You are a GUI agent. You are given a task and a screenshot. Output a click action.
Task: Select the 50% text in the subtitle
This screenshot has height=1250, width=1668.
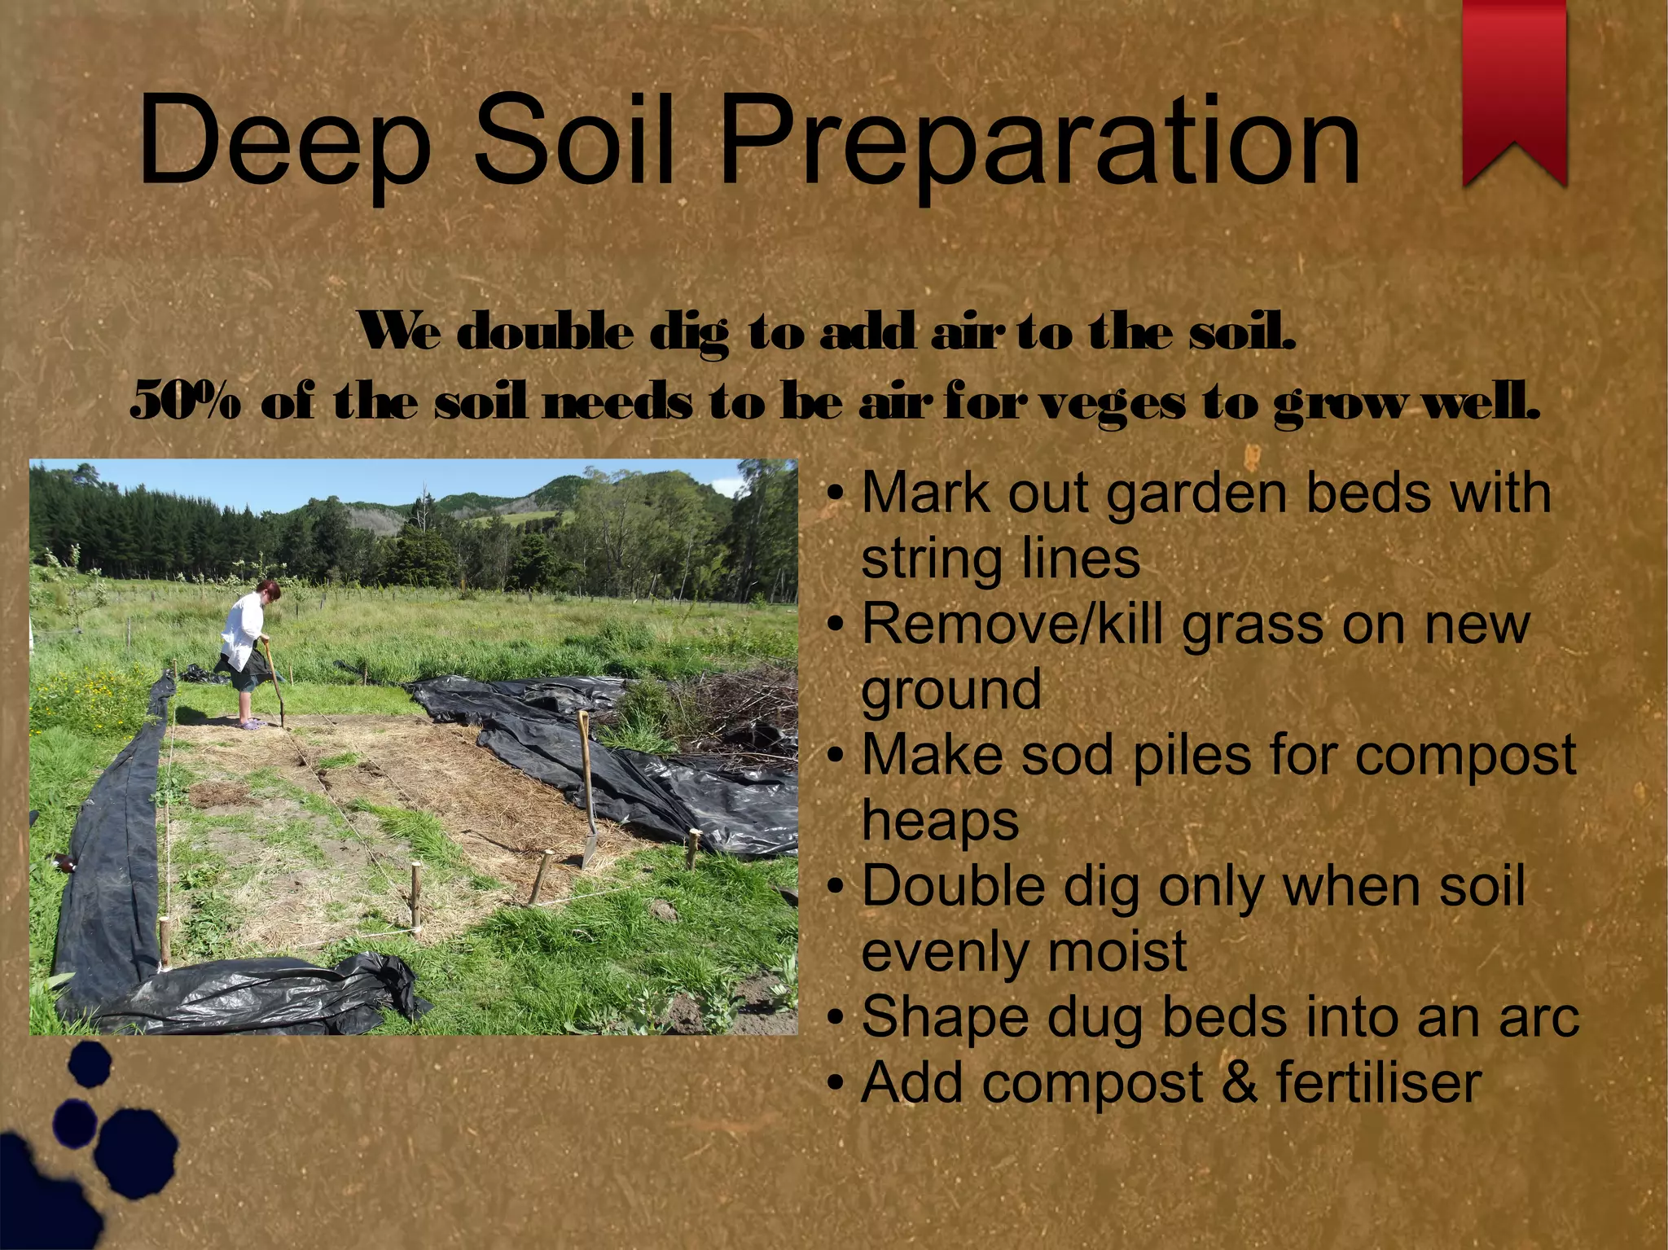pos(186,401)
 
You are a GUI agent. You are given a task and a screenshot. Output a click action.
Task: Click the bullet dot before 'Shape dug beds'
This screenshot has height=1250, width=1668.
pos(835,1018)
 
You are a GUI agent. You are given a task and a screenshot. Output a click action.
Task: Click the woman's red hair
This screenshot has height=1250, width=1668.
pos(269,588)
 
